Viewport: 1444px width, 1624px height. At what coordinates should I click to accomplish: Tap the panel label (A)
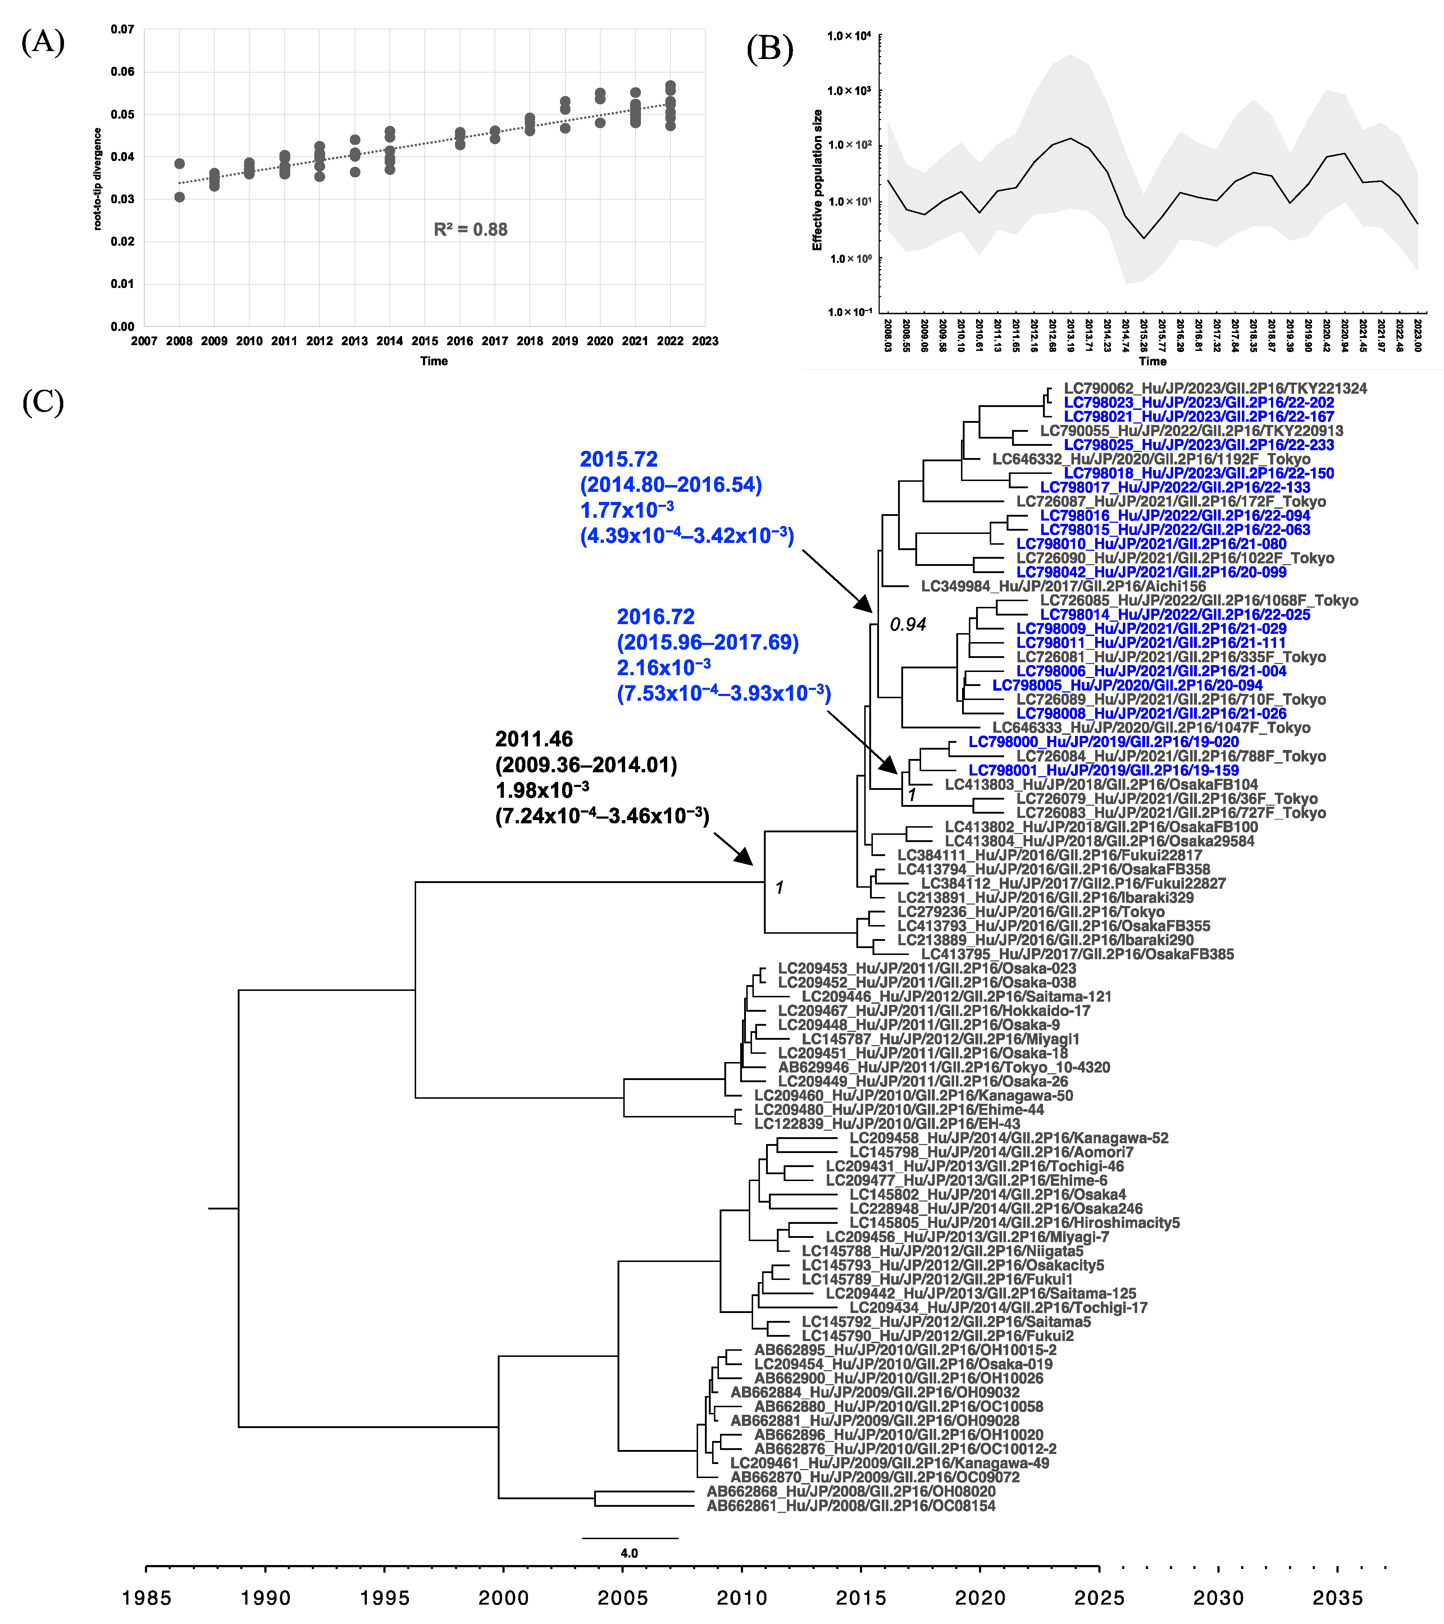tap(43, 41)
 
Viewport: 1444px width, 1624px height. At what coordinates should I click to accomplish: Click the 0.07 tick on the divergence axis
tap(122, 29)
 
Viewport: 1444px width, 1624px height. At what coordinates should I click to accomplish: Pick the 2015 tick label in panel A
tap(424, 341)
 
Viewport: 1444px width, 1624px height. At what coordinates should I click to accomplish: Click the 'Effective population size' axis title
tap(817, 180)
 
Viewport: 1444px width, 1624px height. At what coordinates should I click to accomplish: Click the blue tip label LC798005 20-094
tap(1127, 685)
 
